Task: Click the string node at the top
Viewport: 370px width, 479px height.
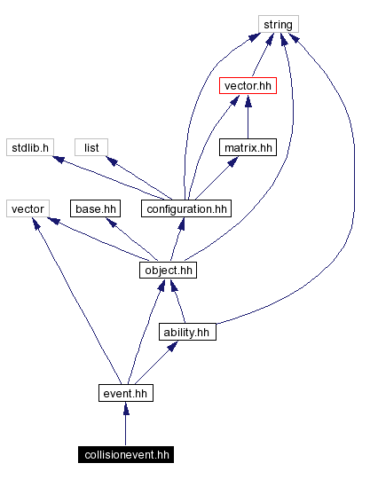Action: (x=279, y=24)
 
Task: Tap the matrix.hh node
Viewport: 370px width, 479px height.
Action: (x=248, y=147)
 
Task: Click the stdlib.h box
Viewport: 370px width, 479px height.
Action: (x=30, y=147)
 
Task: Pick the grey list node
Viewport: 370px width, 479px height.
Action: (x=91, y=147)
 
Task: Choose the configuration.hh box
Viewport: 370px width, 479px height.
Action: (x=186, y=209)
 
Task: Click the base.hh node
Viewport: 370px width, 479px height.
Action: (x=96, y=209)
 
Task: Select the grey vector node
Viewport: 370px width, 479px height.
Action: (x=27, y=209)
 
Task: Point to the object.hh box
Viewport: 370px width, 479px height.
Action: (x=167, y=271)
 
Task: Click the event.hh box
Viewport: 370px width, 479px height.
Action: (x=125, y=393)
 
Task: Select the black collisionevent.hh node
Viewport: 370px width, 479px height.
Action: (x=125, y=455)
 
